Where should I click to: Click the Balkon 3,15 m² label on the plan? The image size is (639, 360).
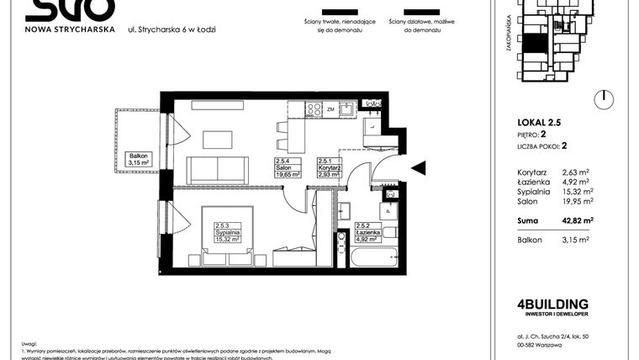138,159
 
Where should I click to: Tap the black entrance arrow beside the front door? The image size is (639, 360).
417,169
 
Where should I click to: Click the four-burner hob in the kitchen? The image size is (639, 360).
314,109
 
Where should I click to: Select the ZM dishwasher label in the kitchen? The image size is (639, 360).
332,110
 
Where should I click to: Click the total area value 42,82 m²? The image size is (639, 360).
578,220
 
